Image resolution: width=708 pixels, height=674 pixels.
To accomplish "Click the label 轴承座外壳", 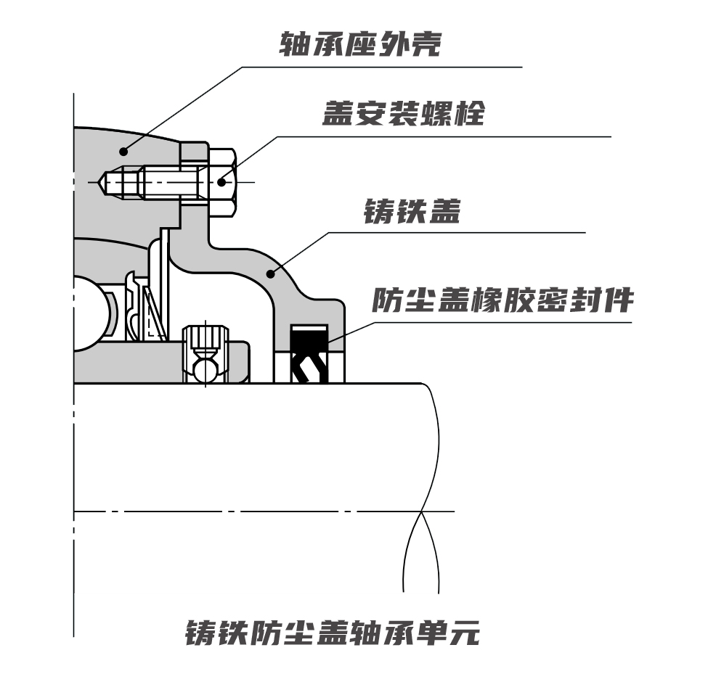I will pyautogui.click(x=361, y=45).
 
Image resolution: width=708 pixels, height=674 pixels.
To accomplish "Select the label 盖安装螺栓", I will pyautogui.click(x=403, y=113).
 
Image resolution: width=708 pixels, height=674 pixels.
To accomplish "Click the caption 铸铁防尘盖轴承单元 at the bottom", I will pyautogui.click(x=333, y=633).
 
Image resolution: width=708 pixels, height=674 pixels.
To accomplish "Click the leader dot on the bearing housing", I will pyautogui.click(x=124, y=151).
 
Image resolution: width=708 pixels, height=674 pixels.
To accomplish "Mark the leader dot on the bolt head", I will pyautogui.click(x=223, y=183).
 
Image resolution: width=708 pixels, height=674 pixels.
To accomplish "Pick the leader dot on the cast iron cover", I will pyautogui.click(x=270, y=274).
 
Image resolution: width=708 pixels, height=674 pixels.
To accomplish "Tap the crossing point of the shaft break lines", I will pyautogui.click(x=421, y=512).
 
